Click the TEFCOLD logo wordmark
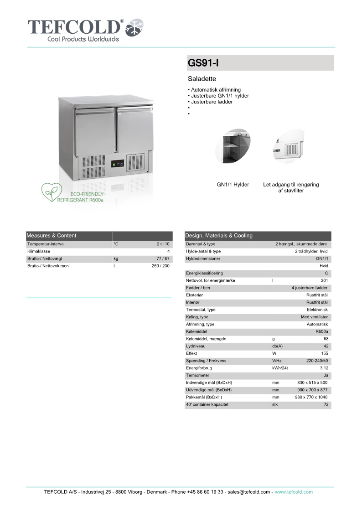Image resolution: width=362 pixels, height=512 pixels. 76,27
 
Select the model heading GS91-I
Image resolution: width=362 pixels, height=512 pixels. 200,63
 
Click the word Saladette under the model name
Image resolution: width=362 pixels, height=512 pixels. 199,79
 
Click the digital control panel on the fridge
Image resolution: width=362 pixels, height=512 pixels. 118,163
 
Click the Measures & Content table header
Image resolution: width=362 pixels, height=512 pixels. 52,236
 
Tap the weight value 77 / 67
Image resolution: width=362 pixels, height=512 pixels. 163,259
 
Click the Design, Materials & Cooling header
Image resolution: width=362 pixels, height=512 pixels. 219,236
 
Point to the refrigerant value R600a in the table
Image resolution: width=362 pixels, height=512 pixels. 321,331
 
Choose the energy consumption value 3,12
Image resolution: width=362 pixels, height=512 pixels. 324,368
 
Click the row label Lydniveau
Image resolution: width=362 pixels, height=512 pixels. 196,346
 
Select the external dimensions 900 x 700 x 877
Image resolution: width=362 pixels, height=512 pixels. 311,390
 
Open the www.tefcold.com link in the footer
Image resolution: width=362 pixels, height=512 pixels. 294,492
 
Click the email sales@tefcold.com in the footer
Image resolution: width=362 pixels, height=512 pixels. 249,492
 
